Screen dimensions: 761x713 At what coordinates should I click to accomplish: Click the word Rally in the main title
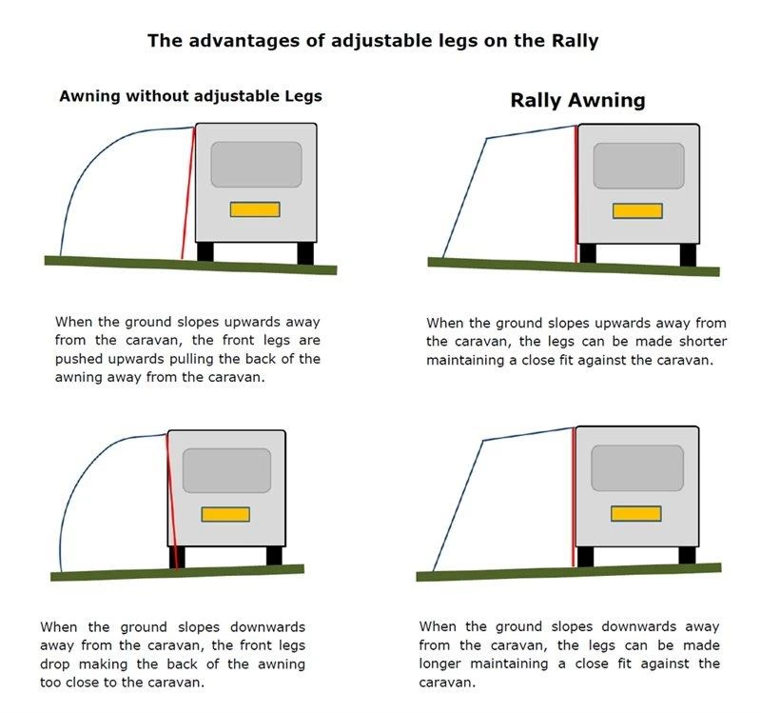pyautogui.click(x=575, y=41)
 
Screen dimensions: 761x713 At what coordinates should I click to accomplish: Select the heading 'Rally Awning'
pyautogui.click(x=577, y=101)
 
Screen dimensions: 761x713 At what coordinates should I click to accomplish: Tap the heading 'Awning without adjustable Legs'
pyautogui.click(x=191, y=96)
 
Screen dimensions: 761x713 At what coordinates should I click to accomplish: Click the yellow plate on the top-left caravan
pyautogui.click(x=255, y=209)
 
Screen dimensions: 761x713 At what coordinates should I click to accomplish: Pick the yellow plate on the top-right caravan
pyautogui.click(x=637, y=210)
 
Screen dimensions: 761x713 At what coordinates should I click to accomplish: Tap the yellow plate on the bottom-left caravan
pyautogui.click(x=225, y=514)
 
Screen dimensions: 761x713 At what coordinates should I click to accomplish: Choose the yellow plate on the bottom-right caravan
pyautogui.click(x=635, y=513)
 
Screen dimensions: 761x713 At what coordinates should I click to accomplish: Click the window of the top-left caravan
pyautogui.click(x=256, y=164)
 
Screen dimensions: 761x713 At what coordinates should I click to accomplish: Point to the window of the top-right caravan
pyautogui.click(x=638, y=166)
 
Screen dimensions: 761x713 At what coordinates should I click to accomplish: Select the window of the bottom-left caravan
pyautogui.click(x=226, y=470)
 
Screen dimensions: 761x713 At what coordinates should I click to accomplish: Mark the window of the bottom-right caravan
pyautogui.click(x=637, y=468)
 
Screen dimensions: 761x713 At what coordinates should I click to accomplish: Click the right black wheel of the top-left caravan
pyautogui.click(x=305, y=253)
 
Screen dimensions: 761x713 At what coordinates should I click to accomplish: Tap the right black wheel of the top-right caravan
pyautogui.click(x=688, y=255)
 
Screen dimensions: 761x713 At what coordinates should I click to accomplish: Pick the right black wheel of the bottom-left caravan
pyautogui.click(x=274, y=556)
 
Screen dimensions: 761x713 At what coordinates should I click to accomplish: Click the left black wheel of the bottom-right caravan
pyautogui.click(x=585, y=557)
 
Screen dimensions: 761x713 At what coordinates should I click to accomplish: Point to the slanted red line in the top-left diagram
pyautogui.click(x=188, y=193)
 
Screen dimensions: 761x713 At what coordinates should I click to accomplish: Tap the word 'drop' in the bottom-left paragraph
pyautogui.click(x=54, y=663)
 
